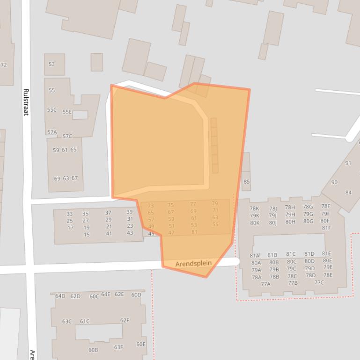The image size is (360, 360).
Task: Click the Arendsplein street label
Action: coord(193,264)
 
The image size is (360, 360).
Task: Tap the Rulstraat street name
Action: coord(26,102)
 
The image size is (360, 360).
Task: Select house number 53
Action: coord(51,64)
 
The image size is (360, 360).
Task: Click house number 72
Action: coord(4,65)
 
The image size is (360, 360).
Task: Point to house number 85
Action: coord(247,181)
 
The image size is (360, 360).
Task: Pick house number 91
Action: coord(348,163)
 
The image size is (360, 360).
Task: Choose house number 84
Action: coord(348,192)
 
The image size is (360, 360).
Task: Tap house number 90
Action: coord(334,182)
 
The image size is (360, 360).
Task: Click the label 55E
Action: coord(67,112)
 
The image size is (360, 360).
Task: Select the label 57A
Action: coord(51,132)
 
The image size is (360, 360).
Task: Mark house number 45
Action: coord(151,234)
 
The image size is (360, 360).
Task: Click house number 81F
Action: coord(326,228)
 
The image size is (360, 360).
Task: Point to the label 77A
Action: coord(265,284)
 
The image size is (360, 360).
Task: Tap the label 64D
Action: coord(60,296)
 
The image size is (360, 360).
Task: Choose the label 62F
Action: coord(125,320)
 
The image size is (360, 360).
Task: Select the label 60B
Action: coord(93,350)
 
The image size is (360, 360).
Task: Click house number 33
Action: coord(69,214)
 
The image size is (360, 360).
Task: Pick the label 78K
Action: coord(254,209)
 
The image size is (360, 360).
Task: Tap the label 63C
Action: coord(67,321)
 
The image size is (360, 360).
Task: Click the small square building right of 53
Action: coord(97,62)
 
